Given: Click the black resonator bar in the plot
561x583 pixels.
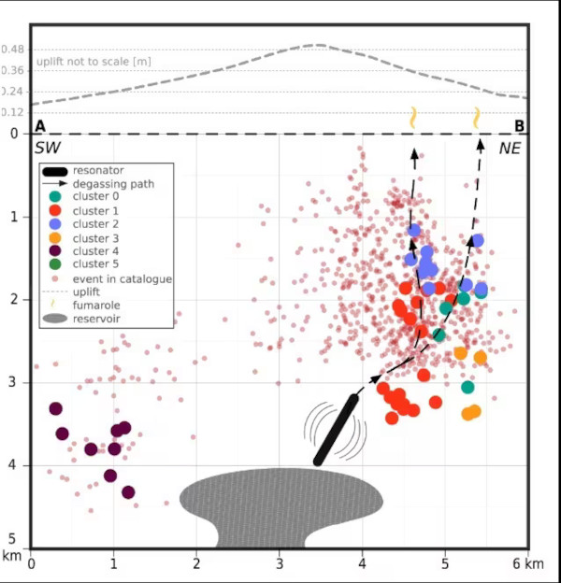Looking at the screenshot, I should [x=337, y=430].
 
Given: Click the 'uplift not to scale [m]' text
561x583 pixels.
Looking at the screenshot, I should [x=93, y=62].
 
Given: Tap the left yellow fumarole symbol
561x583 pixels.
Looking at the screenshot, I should [x=412, y=118].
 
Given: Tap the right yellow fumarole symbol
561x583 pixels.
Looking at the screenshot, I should [x=477, y=118].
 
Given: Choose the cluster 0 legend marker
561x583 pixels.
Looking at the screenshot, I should [x=56, y=197].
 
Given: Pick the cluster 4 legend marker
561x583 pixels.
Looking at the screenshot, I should [x=56, y=250].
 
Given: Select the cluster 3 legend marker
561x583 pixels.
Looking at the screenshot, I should [x=56, y=237].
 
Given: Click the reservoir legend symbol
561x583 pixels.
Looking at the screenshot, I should [x=56, y=319].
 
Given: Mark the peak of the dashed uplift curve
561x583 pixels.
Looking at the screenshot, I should [x=319, y=44].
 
